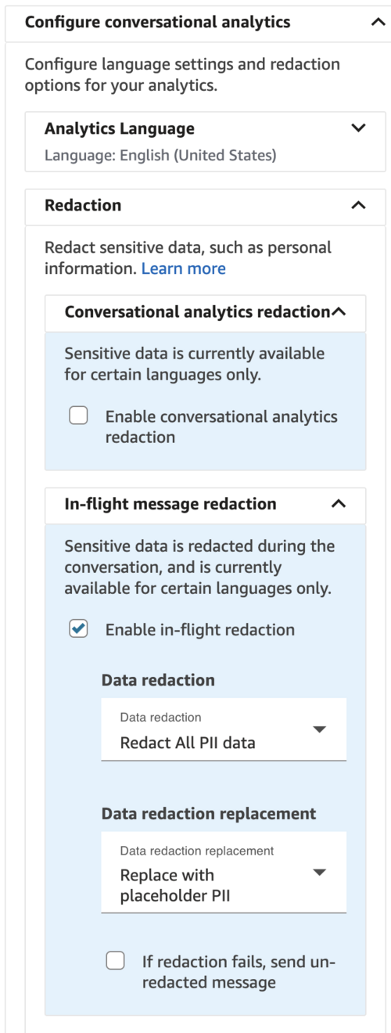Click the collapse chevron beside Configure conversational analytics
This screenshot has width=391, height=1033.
pyautogui.click(x=378, y=22)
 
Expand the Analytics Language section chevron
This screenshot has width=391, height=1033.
pyautogui.click(x=358, y=128)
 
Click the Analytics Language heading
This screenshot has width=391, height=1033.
pyautogui.click(x=120, y=128)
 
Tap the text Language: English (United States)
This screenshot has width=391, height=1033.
pyautogui.click(x=160, y=156)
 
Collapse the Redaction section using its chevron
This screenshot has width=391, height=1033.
pyautogui.click(x=358, y=205)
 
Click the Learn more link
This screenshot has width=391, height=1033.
pyautogui.click(x=184, y=268)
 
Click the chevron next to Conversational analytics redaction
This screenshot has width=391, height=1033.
pyautogui.click(x=339, y=311)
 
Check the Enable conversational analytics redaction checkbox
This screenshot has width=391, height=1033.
pyautogui.click(x=78, y=415)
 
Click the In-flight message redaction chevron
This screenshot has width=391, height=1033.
pyautogui.click(x=339, y=504)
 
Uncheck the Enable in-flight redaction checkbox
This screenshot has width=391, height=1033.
pyautogui.click(x=78, y=628)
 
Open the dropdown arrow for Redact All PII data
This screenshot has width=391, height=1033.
pyautogui.click(x=320, y=729)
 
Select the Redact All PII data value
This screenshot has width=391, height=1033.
pyautogui.click(x=188, y=743)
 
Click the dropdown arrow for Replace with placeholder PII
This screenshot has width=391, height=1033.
pyautogui.click(x=320, y=872)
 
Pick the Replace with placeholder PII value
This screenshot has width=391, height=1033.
pyautogui.click(x=175, y=885)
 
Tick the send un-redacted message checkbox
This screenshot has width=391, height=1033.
pyautogui.click(x=115, y=960)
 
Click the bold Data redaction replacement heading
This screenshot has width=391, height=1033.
pyautogui.click(x=209, y=814)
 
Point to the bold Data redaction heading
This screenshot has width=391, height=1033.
pyautogui.click(x=158, y=680)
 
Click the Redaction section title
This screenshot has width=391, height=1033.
pyautogui.click(x=83, y=205)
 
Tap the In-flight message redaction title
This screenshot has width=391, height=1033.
pyautogui.click(x=170, y=504)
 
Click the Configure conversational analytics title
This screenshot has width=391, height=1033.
pyautogui.click(x=158, y=22)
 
